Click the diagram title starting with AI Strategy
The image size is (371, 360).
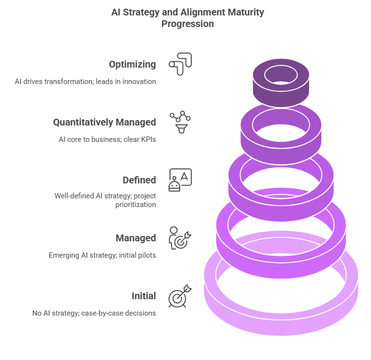(x=187, y=18)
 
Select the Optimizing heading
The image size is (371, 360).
(x=132, y=64)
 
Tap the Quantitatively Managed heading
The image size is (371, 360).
(x=104, y=122)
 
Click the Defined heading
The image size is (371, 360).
(x=139, y=180)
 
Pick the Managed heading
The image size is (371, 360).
(x=136, y=238)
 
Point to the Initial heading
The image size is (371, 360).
(x=143, y=296)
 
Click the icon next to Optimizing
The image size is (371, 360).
(x=180, y=64)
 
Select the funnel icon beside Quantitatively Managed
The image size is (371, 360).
(x=180, y=122)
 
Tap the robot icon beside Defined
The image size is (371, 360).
(x=180, y=180)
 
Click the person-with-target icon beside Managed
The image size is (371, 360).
(x=180, y=238)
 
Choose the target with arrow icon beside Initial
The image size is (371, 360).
(x=180, y=296)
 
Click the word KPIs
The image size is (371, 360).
(x=148, y=139)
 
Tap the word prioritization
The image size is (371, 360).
(x=136, y=205)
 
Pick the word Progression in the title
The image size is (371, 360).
(x=187, y=24)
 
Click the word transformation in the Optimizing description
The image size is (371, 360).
(x=69, y=82)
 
